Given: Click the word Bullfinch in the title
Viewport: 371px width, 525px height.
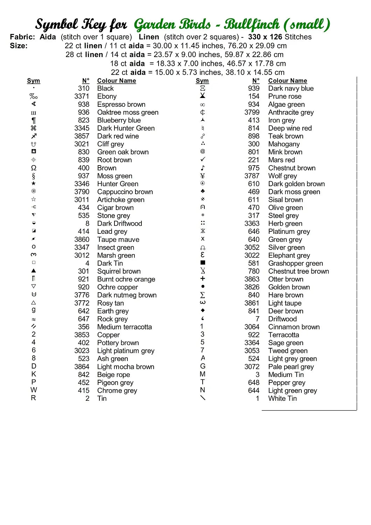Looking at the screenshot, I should coord(252,24).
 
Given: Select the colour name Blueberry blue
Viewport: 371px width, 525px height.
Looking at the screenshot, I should coord(119,120).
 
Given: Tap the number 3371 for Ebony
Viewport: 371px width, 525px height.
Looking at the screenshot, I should coord(82,97).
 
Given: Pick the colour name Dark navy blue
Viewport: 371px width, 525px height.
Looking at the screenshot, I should coord(291,89).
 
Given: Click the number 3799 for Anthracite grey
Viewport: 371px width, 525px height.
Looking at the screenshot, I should coord(252,112).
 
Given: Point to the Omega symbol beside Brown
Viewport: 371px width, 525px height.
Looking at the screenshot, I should coord(34,168).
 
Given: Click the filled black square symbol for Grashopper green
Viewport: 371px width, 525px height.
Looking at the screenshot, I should coord(203,263).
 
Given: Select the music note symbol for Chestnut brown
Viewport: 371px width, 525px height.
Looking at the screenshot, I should coord(203,168).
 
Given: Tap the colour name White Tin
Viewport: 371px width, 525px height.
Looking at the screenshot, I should coord(282,398).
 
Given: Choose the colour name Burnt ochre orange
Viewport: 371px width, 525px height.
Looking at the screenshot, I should coord(126,279).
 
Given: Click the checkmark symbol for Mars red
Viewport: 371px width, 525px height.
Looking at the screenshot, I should coord(203,160).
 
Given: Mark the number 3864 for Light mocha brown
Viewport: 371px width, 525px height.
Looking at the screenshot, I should coord(82,367).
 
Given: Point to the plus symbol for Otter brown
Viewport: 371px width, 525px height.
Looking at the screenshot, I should coord(203,279).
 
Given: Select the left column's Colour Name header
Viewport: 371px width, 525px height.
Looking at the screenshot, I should coord(117,81).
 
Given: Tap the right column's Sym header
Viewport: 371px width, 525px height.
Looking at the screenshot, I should coord(202,81).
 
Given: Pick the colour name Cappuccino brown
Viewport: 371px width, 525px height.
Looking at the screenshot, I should coord(125,192).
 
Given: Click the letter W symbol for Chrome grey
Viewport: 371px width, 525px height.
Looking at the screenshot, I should coord(34,390).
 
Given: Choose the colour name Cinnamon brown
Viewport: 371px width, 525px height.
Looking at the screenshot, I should coord(294,327).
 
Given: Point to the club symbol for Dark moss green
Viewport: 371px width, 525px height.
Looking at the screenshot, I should coord(203,191).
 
